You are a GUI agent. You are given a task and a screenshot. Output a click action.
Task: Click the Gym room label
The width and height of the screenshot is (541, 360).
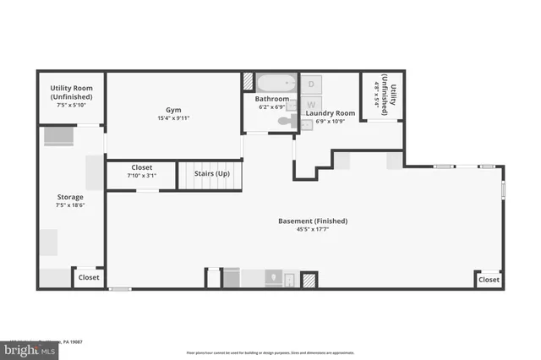coord(173,110)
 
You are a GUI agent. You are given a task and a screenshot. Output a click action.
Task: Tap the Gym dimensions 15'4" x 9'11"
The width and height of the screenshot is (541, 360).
coord(173,118)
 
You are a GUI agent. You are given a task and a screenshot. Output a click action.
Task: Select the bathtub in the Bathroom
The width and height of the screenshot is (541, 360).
coord(275,84)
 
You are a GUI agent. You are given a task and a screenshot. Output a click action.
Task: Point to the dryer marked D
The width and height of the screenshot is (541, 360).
coord(311,85)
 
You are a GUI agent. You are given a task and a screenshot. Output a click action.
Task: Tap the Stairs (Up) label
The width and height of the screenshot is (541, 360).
coord(212,173)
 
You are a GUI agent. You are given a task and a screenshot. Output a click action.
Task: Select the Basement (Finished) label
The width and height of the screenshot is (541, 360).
coord(313,221)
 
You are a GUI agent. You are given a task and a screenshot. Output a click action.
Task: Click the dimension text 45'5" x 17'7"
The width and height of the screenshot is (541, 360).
coord(313,230)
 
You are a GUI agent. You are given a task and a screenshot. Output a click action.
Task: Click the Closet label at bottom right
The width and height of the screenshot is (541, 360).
coord(489,280)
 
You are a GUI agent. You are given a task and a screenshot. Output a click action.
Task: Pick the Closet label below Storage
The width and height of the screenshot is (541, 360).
coord(89,277)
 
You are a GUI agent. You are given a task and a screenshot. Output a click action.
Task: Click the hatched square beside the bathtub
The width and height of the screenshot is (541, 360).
coord(248,82)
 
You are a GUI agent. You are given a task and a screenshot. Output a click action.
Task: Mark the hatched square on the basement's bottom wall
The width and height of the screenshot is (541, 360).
coord(309,280)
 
